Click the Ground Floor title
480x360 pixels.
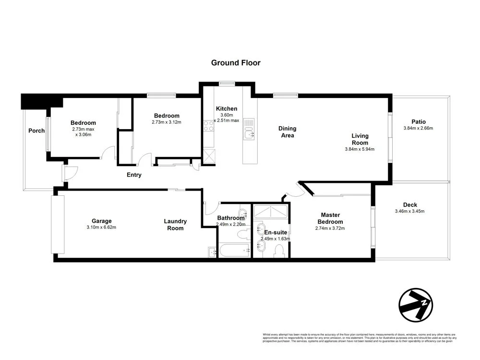pyautogui.click(x=236, y=63)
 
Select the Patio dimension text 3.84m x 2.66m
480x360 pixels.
pyautogui.click(x=418, y=128)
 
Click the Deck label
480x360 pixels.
pyautogui.click(x=409, y=205)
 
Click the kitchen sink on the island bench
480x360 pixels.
pyautogui.click(x=249, y=129)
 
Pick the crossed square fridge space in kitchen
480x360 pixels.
pyautogui.click(x=209, y=156)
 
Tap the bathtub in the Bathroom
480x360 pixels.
pyautogui.click(x=234, y=250)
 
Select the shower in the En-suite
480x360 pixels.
pyautogui.click(x=271, y=212)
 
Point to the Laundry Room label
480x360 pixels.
pyautogui.click(x=175, y=225)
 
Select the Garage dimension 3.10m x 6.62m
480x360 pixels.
pyautogui.click(x=101, y=227)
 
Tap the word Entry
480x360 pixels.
pyautogui.click(x=134, y=175)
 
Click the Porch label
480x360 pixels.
pyautogui.click(x=36, y=131)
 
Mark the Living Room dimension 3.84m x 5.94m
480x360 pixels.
pyautogui.click(x=360, y=149)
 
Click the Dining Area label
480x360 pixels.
pyautogui.click(x=288, y=132)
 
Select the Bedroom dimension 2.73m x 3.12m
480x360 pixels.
pyautogui.click(x=167, y=122)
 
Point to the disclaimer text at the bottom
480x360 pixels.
pyautogui.click(x=358, y=337)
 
